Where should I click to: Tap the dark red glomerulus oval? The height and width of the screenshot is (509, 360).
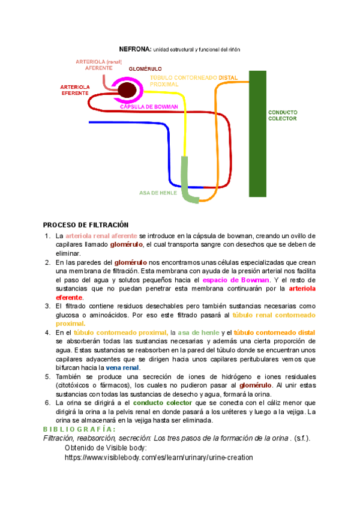click(127, 91)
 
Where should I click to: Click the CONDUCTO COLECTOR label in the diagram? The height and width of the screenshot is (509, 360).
click(282, 115)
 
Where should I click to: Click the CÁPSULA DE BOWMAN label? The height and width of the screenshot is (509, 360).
click(149, 107)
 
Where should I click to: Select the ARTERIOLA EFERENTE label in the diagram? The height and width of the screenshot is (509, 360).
click(75, 91)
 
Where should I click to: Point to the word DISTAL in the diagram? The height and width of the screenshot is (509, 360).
click(229, 78)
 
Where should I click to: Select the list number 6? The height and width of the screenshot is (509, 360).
click(47, 403)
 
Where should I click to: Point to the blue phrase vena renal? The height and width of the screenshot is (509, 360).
click(122, 367)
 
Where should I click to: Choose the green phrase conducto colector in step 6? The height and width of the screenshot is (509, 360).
click(158, 403)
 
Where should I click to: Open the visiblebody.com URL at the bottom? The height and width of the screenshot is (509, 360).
click(158, 457)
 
